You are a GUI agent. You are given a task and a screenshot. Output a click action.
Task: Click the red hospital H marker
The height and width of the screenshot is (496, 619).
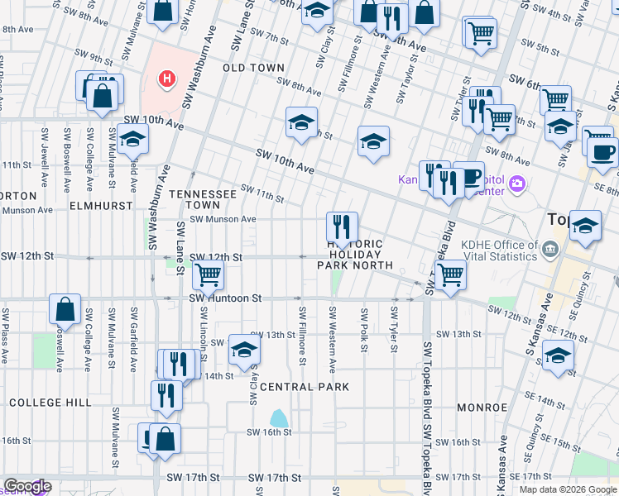tap(167, 80)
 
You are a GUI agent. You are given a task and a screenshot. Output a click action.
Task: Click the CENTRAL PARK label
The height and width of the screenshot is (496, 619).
tap(304, 387)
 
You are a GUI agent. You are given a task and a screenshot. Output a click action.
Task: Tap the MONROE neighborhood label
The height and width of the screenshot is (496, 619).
tap(481, 408)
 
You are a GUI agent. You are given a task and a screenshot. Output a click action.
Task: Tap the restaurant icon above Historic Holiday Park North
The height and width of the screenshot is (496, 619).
tap(342, 225)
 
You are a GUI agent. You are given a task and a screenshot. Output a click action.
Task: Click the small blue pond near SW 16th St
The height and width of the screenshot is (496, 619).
tap(280, 417)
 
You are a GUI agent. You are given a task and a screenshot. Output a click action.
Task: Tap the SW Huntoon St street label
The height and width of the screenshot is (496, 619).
tap(225, 298)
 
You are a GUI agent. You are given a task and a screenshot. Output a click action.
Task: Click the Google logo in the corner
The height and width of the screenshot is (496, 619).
tap(26, 486)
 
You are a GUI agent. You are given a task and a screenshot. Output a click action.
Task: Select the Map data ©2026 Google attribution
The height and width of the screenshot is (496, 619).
tap(567, 489)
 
